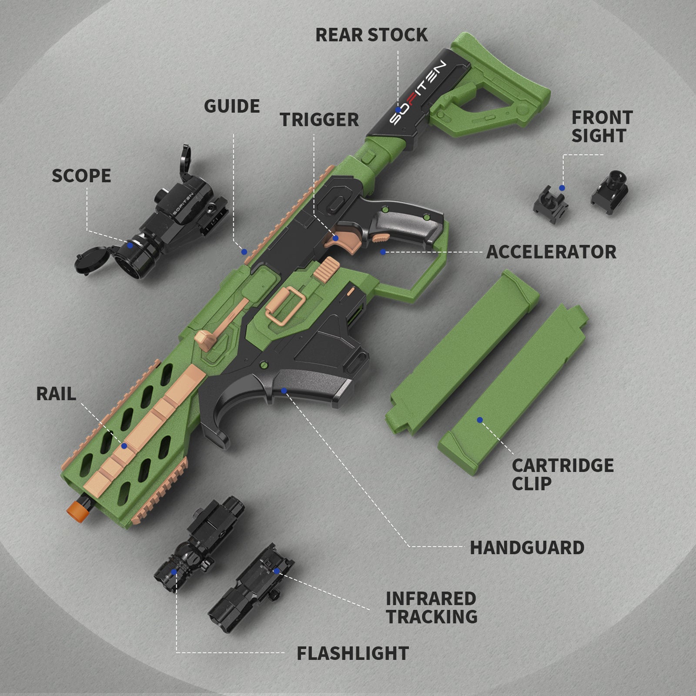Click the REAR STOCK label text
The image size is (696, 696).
click(371, 35)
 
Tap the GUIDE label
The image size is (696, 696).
click(232, 106)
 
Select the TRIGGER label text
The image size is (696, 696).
click(319, 120)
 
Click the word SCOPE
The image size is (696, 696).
click(81, 176)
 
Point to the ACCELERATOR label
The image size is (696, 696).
click(551, 252)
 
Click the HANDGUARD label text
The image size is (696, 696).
click(527, 548)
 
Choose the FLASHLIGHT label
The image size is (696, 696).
click(353, 653)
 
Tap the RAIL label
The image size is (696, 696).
click(56, 394)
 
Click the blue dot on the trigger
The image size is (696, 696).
click(335, 238)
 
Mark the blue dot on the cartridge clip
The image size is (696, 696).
click(479, 420)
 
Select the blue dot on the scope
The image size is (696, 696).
click(130, 245)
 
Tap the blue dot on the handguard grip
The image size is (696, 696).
click(284, 391)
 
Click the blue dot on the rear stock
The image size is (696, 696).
click(398, 110)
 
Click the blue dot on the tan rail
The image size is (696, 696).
click(124, 446)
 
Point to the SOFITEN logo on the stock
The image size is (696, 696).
click(417, 93)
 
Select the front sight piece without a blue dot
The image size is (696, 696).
click(609, 187)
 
